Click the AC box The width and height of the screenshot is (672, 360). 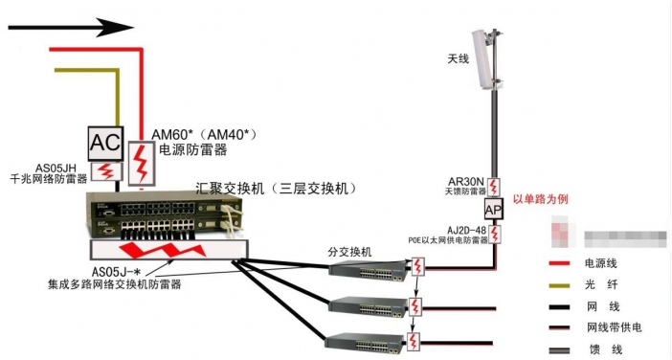(104, 144)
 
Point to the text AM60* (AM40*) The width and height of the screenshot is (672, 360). (205, 135)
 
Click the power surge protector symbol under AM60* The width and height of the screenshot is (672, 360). (141, 160)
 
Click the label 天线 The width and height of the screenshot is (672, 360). (459, 59)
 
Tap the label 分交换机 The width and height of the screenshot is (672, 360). (348, 252)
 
